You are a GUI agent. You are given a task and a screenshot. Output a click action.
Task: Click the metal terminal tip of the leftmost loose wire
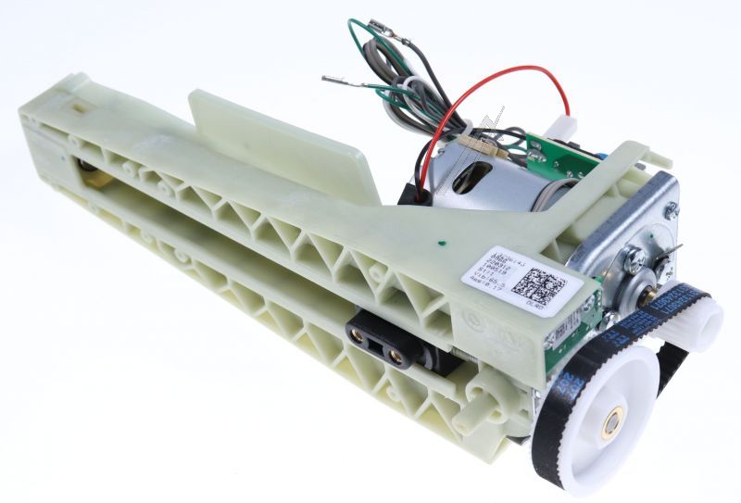click(328, 80)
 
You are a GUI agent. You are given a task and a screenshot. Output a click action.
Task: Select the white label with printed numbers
click(519, 278)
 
